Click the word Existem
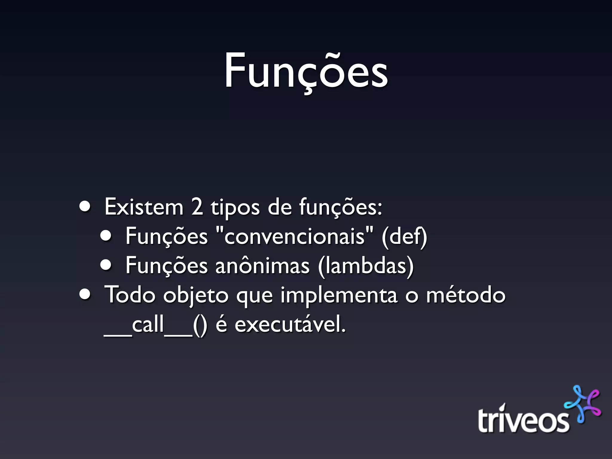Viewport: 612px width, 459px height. pos(143,207)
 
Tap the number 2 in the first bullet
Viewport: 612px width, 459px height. pos(197,207)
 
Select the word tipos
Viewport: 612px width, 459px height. pos(235,208)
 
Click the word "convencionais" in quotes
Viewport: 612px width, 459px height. pos(295,236)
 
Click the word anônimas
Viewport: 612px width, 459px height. pos(262,265)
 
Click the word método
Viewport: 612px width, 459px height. pos(465,295)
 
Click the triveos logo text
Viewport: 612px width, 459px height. pos(523,420)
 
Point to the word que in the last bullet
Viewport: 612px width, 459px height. pos(254,297)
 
